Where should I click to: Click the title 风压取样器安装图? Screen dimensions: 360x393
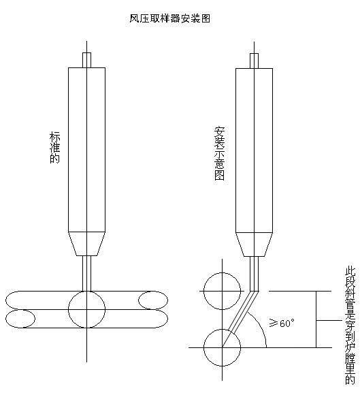point(169,18)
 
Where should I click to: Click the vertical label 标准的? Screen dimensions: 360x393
point(54,148)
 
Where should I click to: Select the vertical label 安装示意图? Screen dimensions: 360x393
point(220,153)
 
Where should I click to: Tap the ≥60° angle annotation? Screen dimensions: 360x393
point(282,323)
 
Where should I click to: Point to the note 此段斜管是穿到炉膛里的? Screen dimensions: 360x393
point(350,326)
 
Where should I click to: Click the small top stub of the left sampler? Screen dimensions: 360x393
point(86,60)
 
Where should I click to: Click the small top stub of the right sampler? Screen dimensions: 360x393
point(254,61)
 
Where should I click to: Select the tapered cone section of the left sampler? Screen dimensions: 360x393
point(86,244)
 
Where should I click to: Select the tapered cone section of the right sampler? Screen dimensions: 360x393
point(254,245)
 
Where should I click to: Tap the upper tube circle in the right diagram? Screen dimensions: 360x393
point(222,272)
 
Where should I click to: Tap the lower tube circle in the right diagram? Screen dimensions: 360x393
point(222,330)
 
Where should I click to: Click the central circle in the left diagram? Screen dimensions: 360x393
point(86,292)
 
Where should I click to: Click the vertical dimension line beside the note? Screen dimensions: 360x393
point(316,319)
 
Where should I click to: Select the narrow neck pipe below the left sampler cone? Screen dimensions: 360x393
point(86,273)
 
